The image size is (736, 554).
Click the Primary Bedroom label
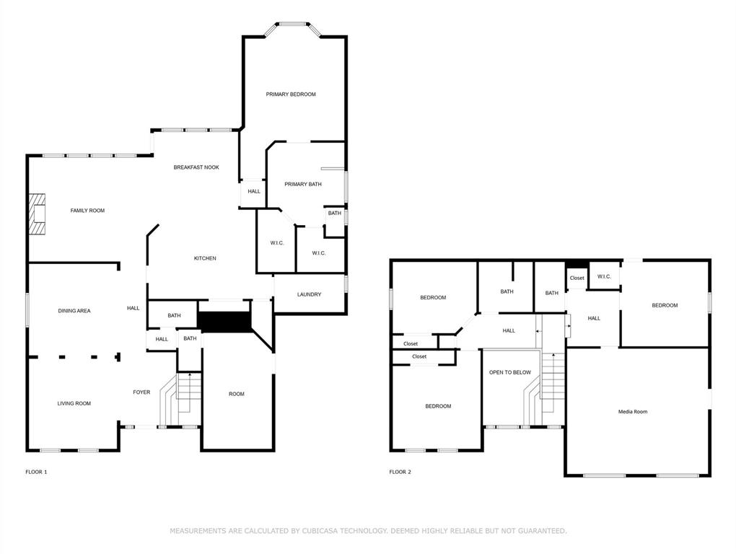tap(291, 94)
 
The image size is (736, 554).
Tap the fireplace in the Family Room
tap(37, 214)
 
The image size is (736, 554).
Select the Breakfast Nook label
tap(196, 167)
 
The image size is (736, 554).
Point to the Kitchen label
tap(205, 258)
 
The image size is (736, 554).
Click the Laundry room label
tap(309, 294)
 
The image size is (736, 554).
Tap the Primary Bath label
tap(303, 185)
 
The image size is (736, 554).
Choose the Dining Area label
tap(74, 311)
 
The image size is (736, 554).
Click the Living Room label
tap(74, 403)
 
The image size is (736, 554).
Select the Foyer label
tap(141, 392)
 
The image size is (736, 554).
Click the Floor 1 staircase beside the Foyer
tap(180, 399)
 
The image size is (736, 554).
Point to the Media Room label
tap(633, 412)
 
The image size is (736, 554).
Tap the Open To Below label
tap(509, 372)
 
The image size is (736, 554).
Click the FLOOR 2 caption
tap(400, 472)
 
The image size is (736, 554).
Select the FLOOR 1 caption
tap(36, 472)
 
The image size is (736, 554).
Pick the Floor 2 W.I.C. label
tap(604, 277)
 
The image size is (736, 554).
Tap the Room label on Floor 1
tap(237, 394)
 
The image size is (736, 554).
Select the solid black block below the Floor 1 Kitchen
tap(225, 322)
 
